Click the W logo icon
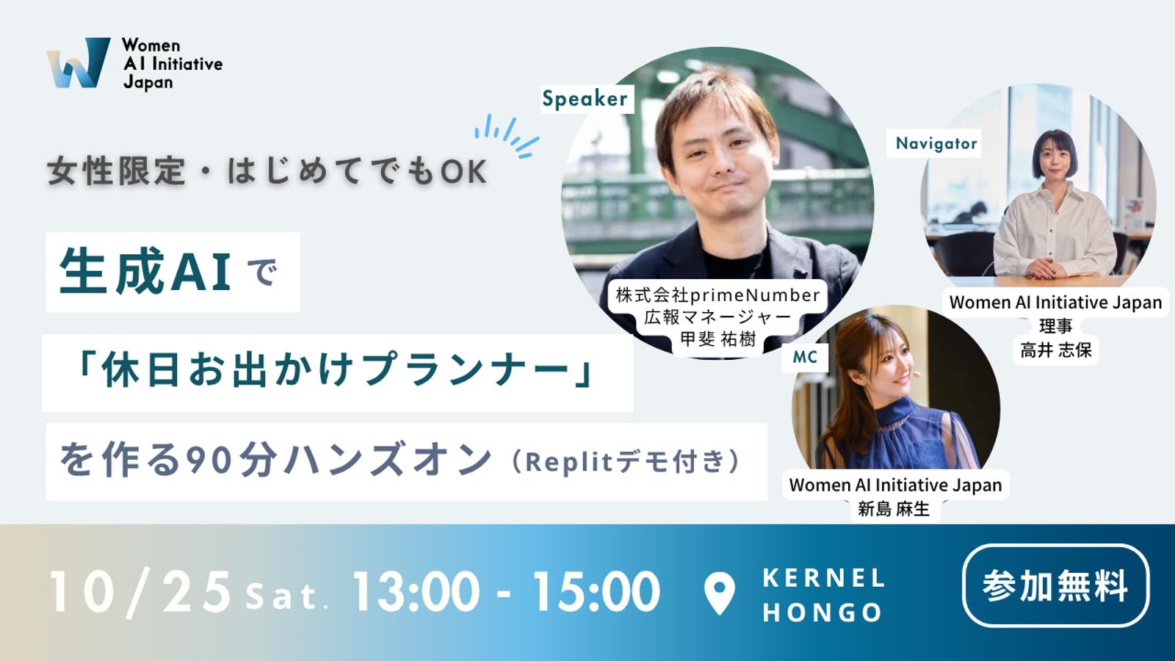(79, 62)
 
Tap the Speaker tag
(585, 99)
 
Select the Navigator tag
(936, 143)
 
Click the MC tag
(805, 357)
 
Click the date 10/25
(140, 592)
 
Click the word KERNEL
(823, 578)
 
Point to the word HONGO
(822, 613)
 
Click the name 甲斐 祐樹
(718, 339)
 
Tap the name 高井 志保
(1056, 350)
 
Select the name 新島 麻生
(894, 508)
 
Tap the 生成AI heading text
(145, 272)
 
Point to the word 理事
(1056, 326)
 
